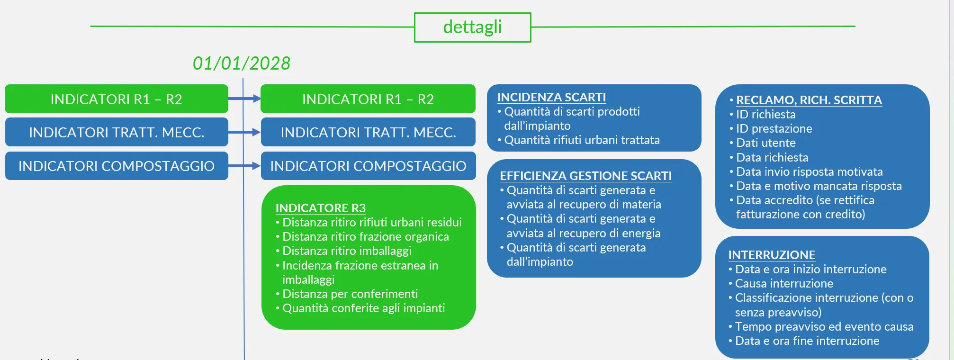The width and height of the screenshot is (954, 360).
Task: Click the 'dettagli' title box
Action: point(472,27)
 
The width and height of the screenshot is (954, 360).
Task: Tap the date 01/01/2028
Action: point(242,63)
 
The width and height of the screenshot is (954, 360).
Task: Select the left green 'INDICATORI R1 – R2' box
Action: point(117,99)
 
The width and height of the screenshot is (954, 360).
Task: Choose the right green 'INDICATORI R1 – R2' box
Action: point(368,99)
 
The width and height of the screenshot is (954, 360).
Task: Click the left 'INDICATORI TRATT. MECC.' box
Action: point(117,132)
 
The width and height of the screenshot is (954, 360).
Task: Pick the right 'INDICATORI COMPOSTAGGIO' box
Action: point(368,166)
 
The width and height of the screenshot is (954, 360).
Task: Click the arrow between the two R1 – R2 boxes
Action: point(244,99)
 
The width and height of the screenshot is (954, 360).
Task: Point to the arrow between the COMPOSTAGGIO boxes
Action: point(244,166)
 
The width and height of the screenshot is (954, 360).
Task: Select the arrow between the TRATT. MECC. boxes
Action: point(244,132)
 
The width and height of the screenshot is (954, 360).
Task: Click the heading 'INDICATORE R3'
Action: point(321,208)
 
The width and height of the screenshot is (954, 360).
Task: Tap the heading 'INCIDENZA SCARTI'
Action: point(552,97)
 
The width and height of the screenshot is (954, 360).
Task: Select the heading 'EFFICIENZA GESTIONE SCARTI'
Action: point(586,176)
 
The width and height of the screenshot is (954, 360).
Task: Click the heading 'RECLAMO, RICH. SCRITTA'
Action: point(809,100)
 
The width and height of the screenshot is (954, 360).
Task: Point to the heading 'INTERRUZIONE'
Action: point(772,255)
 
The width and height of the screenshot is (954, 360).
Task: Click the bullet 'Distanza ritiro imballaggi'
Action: point(343,251)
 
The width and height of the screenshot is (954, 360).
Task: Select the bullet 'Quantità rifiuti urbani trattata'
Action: point(578,140)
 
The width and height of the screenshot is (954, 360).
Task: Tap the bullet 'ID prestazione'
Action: point(771,128)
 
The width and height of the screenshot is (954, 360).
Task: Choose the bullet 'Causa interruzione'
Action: point(781,283)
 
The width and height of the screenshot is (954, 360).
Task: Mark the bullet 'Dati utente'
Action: point(763,143)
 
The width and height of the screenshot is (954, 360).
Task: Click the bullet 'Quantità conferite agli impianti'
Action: point(360,308)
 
